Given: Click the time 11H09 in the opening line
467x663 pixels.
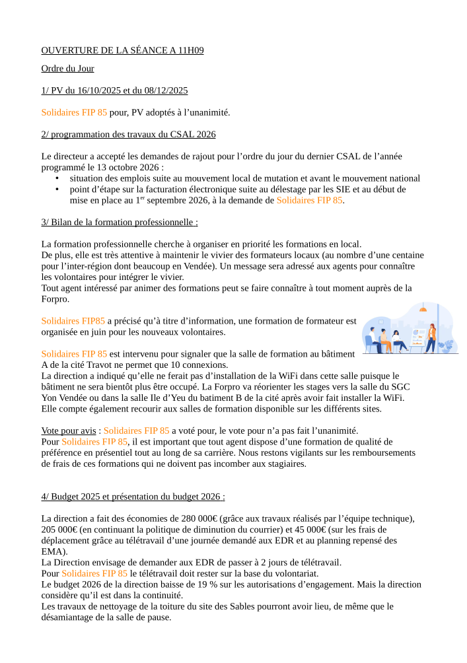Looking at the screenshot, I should (x=191, y=51).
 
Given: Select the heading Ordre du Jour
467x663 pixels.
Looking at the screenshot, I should (x=67, y=69).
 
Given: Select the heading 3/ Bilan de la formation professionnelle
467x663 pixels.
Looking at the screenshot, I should (x=120, y=223).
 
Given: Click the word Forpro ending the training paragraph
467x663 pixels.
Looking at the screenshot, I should (x=54, y=299).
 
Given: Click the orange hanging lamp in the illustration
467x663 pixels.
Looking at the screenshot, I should (x=423, y=308).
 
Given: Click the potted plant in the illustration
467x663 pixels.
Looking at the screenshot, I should (x=450, y=345).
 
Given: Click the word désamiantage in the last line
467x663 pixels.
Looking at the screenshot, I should (x=68, y=617).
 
